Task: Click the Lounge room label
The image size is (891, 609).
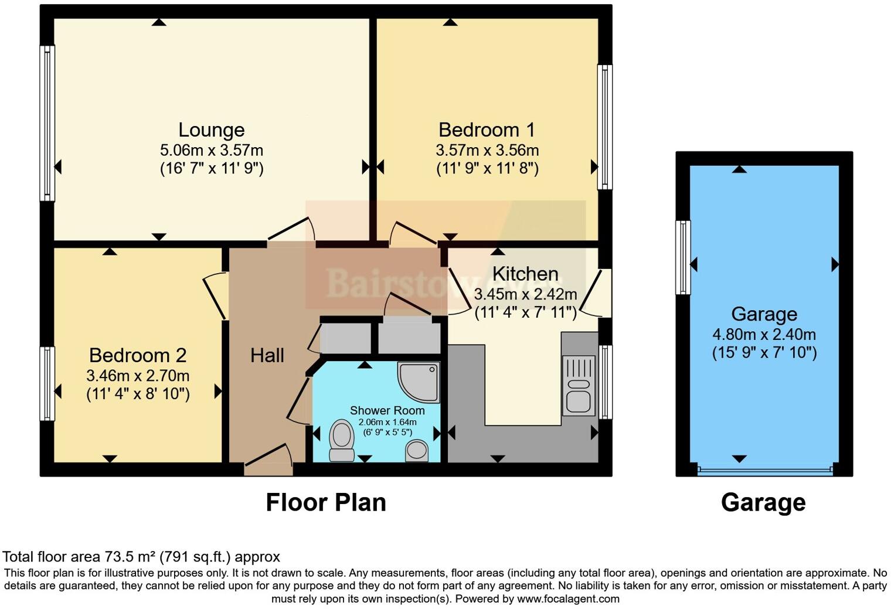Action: click(211, 130)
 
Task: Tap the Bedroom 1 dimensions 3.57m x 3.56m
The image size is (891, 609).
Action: click(487, 150)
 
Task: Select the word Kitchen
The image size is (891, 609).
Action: click(525, 274)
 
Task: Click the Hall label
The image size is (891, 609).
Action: click(267, 355)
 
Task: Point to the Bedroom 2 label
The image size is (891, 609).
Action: click(138, 355)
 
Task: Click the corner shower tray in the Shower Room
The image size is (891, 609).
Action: click(419, 382)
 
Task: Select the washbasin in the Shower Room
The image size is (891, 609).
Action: click(417, 451)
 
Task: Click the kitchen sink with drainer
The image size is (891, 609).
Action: click(578, 386)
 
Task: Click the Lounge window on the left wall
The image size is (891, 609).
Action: click(47, 123)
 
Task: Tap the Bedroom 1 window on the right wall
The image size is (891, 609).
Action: click(605, 127)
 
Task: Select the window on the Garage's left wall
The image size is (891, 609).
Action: click(683, 257)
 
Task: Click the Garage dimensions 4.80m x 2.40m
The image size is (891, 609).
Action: click(764, 335)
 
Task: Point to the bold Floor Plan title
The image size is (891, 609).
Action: click(326, 502)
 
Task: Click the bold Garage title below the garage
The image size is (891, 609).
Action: click(763, 502)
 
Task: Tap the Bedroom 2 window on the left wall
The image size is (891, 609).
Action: click(47, 384)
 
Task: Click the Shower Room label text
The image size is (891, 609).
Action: click(387, 410)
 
